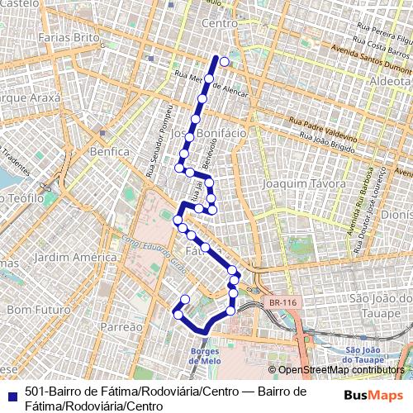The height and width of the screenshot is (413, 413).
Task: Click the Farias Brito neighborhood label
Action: tap(69, 38)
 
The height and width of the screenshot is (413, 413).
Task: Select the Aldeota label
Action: tap(391, 83)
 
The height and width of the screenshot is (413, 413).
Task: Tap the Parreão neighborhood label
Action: tap(121, 327)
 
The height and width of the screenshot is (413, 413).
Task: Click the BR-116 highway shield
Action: tap(282, 303)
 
